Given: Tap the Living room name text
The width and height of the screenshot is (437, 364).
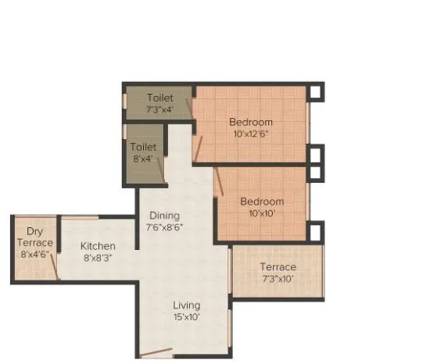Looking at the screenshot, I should point(187,305).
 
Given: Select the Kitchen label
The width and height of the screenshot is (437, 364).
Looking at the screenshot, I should point(99,246).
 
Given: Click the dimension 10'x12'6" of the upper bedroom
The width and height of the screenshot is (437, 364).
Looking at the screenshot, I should point(251,134).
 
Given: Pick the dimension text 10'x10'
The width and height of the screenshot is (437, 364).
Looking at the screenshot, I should point(262,212).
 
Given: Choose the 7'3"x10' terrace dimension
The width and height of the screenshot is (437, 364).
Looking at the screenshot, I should point(278,279).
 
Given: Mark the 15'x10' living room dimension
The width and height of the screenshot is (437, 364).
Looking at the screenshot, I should point(187,316).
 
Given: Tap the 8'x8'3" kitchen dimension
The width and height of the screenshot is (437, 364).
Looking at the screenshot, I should point(99,258).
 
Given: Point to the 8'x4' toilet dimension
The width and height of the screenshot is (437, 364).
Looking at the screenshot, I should point(143,158).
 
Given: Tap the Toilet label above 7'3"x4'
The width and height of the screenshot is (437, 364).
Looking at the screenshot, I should point(159,98).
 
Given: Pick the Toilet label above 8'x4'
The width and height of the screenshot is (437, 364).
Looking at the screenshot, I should point(143,147).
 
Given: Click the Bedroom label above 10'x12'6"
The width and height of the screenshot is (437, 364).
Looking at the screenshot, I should point(251,122).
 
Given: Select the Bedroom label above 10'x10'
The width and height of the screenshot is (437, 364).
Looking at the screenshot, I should point(262,201).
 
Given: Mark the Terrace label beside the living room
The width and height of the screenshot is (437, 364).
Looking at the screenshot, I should point(278,267).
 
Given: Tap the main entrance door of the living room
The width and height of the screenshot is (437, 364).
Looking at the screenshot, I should point(157,352).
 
